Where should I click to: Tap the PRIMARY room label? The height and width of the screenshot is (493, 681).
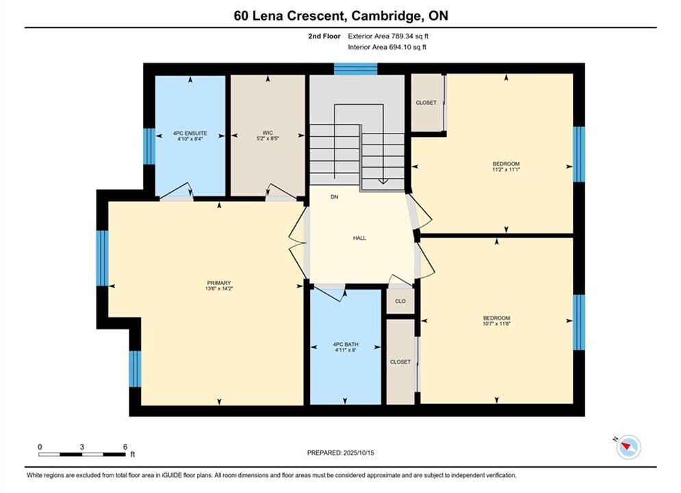219,283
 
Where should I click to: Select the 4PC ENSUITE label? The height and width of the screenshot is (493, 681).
190,133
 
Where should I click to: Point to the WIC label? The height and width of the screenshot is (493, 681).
268,132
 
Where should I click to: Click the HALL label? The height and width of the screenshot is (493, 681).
359,238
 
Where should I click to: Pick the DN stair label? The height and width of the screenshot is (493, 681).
334,197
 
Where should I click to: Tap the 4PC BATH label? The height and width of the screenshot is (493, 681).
345,344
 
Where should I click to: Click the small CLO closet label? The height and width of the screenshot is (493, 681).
400,301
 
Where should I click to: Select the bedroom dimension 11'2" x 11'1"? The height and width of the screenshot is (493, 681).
506,169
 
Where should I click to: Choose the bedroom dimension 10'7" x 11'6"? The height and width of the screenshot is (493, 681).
496,324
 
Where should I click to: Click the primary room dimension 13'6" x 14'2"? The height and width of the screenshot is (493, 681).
219,288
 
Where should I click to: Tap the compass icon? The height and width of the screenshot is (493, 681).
628,446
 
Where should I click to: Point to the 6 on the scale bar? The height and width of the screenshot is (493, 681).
125,446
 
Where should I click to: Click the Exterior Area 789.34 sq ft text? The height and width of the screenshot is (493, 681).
388,36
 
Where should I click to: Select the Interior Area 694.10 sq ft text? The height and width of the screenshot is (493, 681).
387,47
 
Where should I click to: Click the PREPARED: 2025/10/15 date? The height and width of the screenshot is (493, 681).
340,453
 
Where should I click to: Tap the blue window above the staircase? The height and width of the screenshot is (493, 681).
355,69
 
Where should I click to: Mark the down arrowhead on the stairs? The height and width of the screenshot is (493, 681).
383,181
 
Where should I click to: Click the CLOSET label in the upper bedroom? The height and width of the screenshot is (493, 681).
426,103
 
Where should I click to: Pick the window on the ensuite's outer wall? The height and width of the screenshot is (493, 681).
149,147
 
